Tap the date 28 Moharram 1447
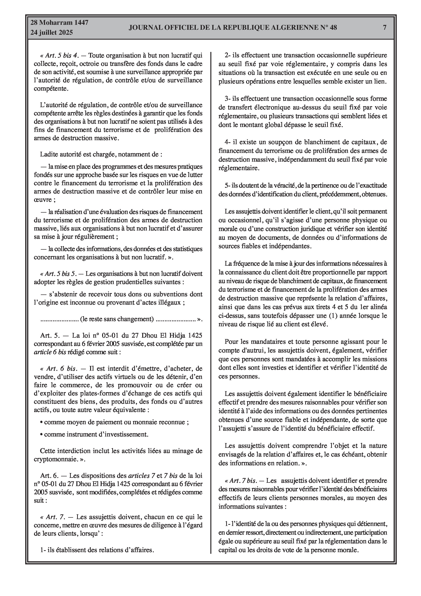pyautogui.click(x=59, y=23)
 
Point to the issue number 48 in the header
pyautogui.click(x=333, y=27)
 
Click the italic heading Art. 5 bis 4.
pyautogui.click(x=62, y=55)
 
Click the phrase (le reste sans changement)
pyautogui.click(x=117, y=319)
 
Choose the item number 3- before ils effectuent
pyautogui.click(x=227, y=99)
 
